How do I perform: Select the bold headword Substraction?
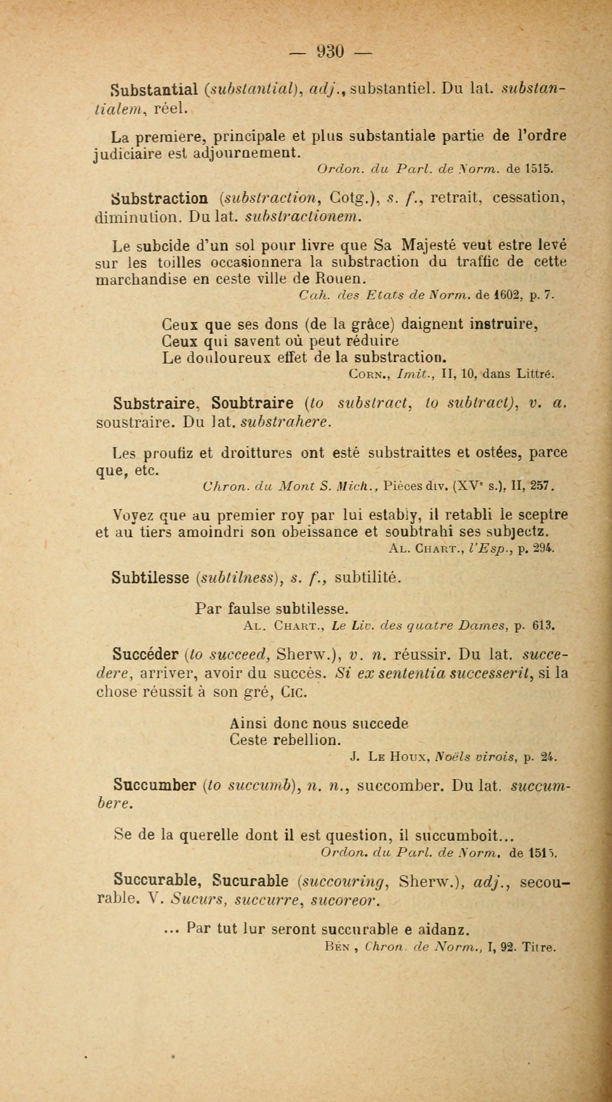point(160,198)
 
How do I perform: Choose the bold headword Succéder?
point(146,654)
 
